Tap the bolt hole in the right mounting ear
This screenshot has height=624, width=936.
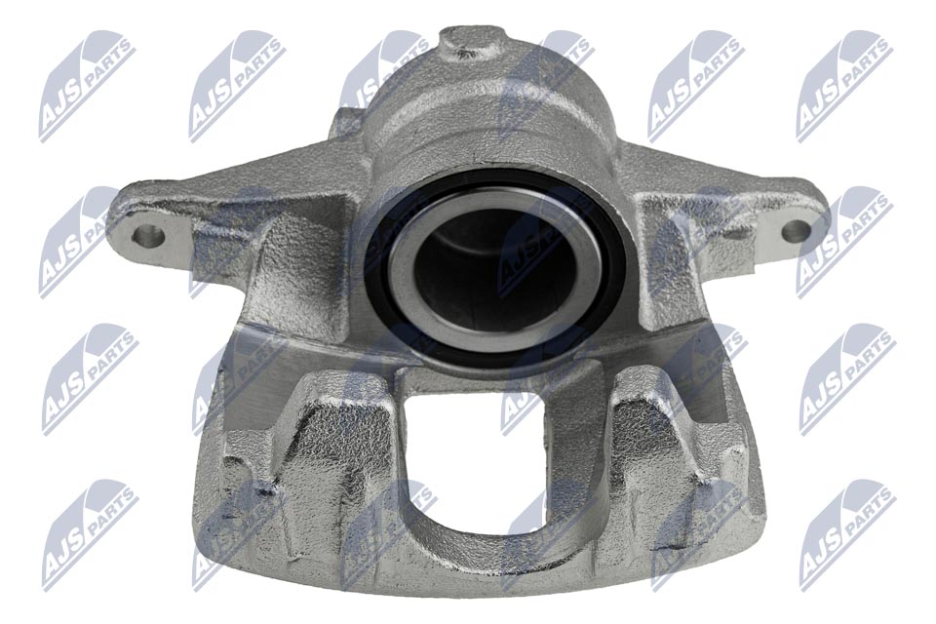(x=795, y=231)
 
